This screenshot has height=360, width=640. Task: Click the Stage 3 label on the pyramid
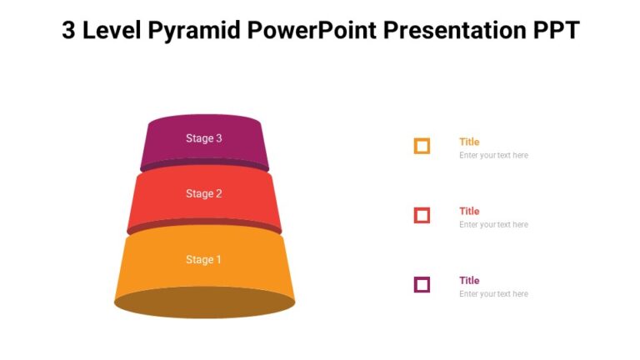pyautogui.click(x=203, y=138)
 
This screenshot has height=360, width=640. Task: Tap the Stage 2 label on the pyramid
pyautogui.click(x=203, y=193)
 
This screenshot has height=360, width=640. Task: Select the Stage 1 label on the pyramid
pyautogui.click(x=203, y=259)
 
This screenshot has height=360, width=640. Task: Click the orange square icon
pyautogui.click(x=422, y=147)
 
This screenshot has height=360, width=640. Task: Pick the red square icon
pyautogui.click(x=422, y=216)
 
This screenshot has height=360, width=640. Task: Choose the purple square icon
pyautogui.click(x=422, y=285)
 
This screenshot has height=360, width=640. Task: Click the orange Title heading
pyautogui.click(x=469, y=142)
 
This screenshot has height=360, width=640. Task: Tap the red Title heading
pyautogui.click(x=469, y=211)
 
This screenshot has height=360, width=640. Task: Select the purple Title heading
pyautogui.click(x=469, y=280)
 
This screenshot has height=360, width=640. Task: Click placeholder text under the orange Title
pyautogui.click(x=493, y=156)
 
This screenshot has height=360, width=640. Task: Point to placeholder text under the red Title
pyautogui.click(x=493, y=225)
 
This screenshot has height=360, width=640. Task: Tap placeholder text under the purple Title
pyautogui.click(x=493, y=294)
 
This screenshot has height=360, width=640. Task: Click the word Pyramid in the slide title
pyautogui.click(x=194, y=31)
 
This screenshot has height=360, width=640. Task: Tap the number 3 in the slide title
pyautogui.click(x=70, y=30)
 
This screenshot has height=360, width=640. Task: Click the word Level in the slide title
pyautogui.click(x=113, y=30)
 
